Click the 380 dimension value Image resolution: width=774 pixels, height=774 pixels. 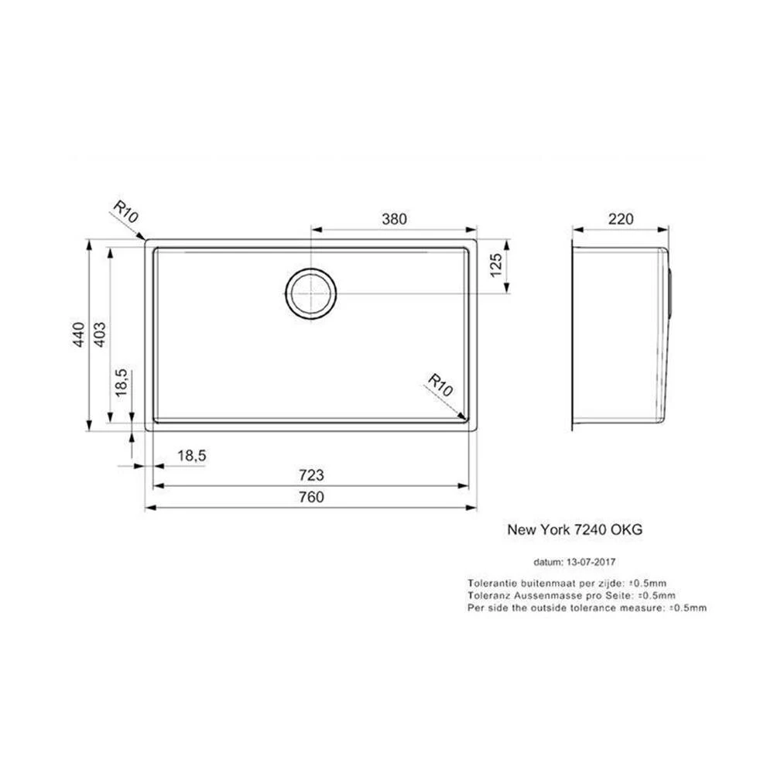tap(394, 219)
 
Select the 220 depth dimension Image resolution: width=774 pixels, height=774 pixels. tap(621, 219)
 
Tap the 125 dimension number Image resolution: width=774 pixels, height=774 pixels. tap(495, 265)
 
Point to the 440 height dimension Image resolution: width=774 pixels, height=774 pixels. tap(79, 334)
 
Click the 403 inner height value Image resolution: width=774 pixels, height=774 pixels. tap(99, 334)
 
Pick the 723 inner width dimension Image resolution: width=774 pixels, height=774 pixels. tap(311, 475)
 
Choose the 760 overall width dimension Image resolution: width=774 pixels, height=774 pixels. tap(311, 497)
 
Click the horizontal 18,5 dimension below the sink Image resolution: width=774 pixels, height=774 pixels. tap(191, 456)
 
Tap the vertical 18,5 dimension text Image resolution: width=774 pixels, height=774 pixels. tap(122, 382)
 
